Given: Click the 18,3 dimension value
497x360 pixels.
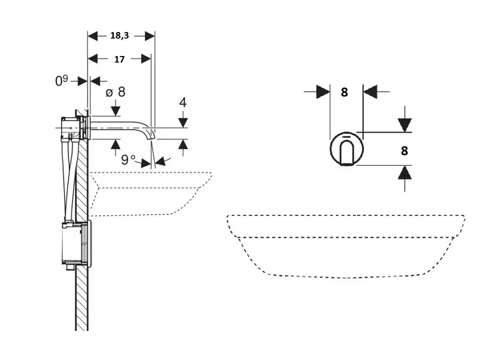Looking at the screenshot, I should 119,35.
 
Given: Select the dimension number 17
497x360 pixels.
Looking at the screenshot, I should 119,58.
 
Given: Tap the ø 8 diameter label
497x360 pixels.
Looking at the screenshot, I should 115,91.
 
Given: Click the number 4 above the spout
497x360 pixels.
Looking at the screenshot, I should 183,103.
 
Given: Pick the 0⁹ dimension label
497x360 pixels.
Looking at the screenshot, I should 62,81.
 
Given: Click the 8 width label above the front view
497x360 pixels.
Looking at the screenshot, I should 344,91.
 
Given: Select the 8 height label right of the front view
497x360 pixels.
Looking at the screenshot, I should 404,151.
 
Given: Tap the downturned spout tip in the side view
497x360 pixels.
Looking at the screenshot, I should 151,134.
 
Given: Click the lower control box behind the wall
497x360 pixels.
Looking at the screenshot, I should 74,245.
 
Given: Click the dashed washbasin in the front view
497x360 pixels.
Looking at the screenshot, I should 345,246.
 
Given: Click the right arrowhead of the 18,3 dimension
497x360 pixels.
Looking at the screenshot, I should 150,35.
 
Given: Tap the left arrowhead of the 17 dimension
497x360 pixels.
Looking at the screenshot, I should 94,58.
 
